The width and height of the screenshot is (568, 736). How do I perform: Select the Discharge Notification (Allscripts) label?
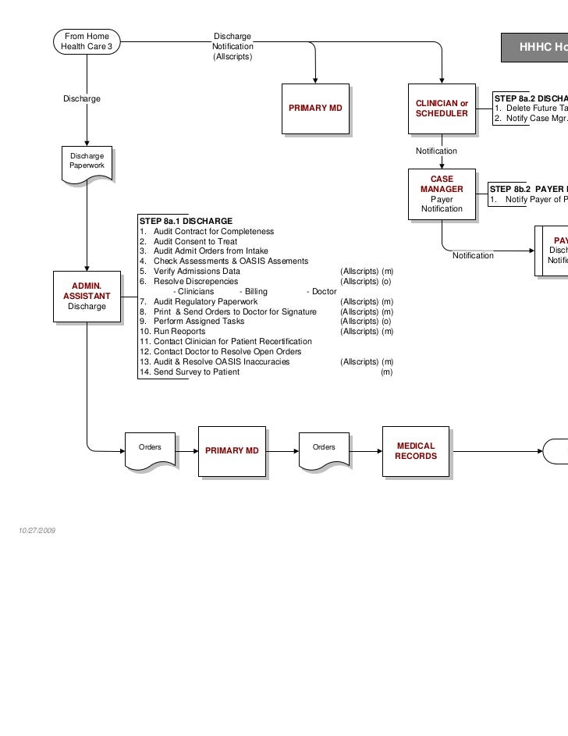tap(233, 47)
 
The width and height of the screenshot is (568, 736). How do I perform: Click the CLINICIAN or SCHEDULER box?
tap(442, 108)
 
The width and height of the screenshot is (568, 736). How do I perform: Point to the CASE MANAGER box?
tap(442, 194)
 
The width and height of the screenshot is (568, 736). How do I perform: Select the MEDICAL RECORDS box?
tap(416, 451)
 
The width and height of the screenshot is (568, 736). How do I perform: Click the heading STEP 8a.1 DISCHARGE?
tap(185, 221)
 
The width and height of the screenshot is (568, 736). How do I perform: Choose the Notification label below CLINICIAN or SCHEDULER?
tap(436, 151)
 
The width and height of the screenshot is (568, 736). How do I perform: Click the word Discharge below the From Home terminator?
tap(82, 98)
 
